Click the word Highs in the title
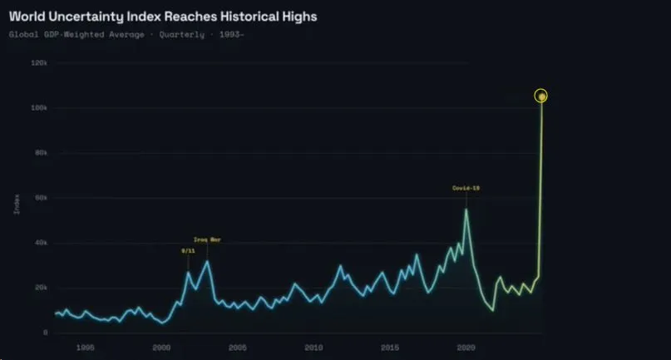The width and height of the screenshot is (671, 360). point(297,16)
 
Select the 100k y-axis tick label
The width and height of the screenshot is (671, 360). point(39,108)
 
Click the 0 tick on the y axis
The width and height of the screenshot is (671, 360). point(45,333)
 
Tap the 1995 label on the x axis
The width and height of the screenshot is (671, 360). point(86,347)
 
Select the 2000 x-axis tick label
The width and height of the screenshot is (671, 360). point(161,347)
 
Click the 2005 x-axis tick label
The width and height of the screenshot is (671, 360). point(238,347)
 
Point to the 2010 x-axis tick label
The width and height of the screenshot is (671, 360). point(313,347)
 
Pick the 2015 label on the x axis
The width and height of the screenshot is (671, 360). point(390,347)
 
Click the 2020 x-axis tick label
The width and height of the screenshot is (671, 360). point(466,347)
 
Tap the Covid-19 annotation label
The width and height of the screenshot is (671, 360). point(466,188)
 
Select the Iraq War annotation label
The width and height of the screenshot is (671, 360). point(207,239)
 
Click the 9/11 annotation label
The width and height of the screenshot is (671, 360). point(187,250)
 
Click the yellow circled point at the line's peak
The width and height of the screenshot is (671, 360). point(541,96)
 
